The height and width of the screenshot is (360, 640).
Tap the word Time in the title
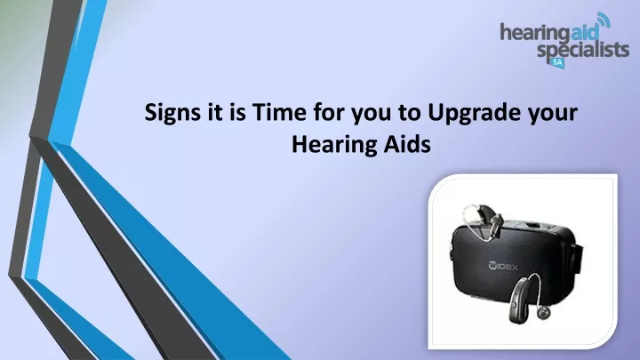279,112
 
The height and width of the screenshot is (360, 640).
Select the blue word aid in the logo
585,31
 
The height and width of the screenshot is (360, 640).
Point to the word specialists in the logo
583,50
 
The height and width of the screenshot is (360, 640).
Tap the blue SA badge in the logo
557,63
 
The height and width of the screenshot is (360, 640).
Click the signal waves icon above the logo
604,20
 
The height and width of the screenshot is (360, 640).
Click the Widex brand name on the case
503,266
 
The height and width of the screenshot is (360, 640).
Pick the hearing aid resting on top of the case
483,222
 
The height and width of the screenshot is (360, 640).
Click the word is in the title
237,112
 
